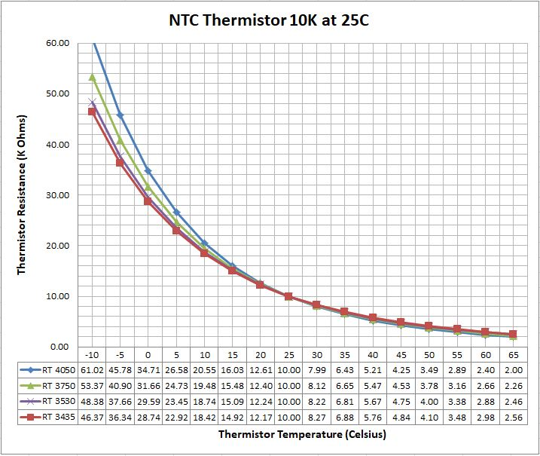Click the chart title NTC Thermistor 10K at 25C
point(269,20)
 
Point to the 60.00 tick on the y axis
point(58,43)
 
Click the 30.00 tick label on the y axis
point(58,195)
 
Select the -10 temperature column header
point(93,354)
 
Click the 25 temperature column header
point(288,354)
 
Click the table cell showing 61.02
point(93,369)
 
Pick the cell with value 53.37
point(93,385)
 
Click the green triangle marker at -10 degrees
point(93,77)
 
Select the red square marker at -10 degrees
point(93,112)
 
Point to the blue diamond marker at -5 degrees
point(121,115)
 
